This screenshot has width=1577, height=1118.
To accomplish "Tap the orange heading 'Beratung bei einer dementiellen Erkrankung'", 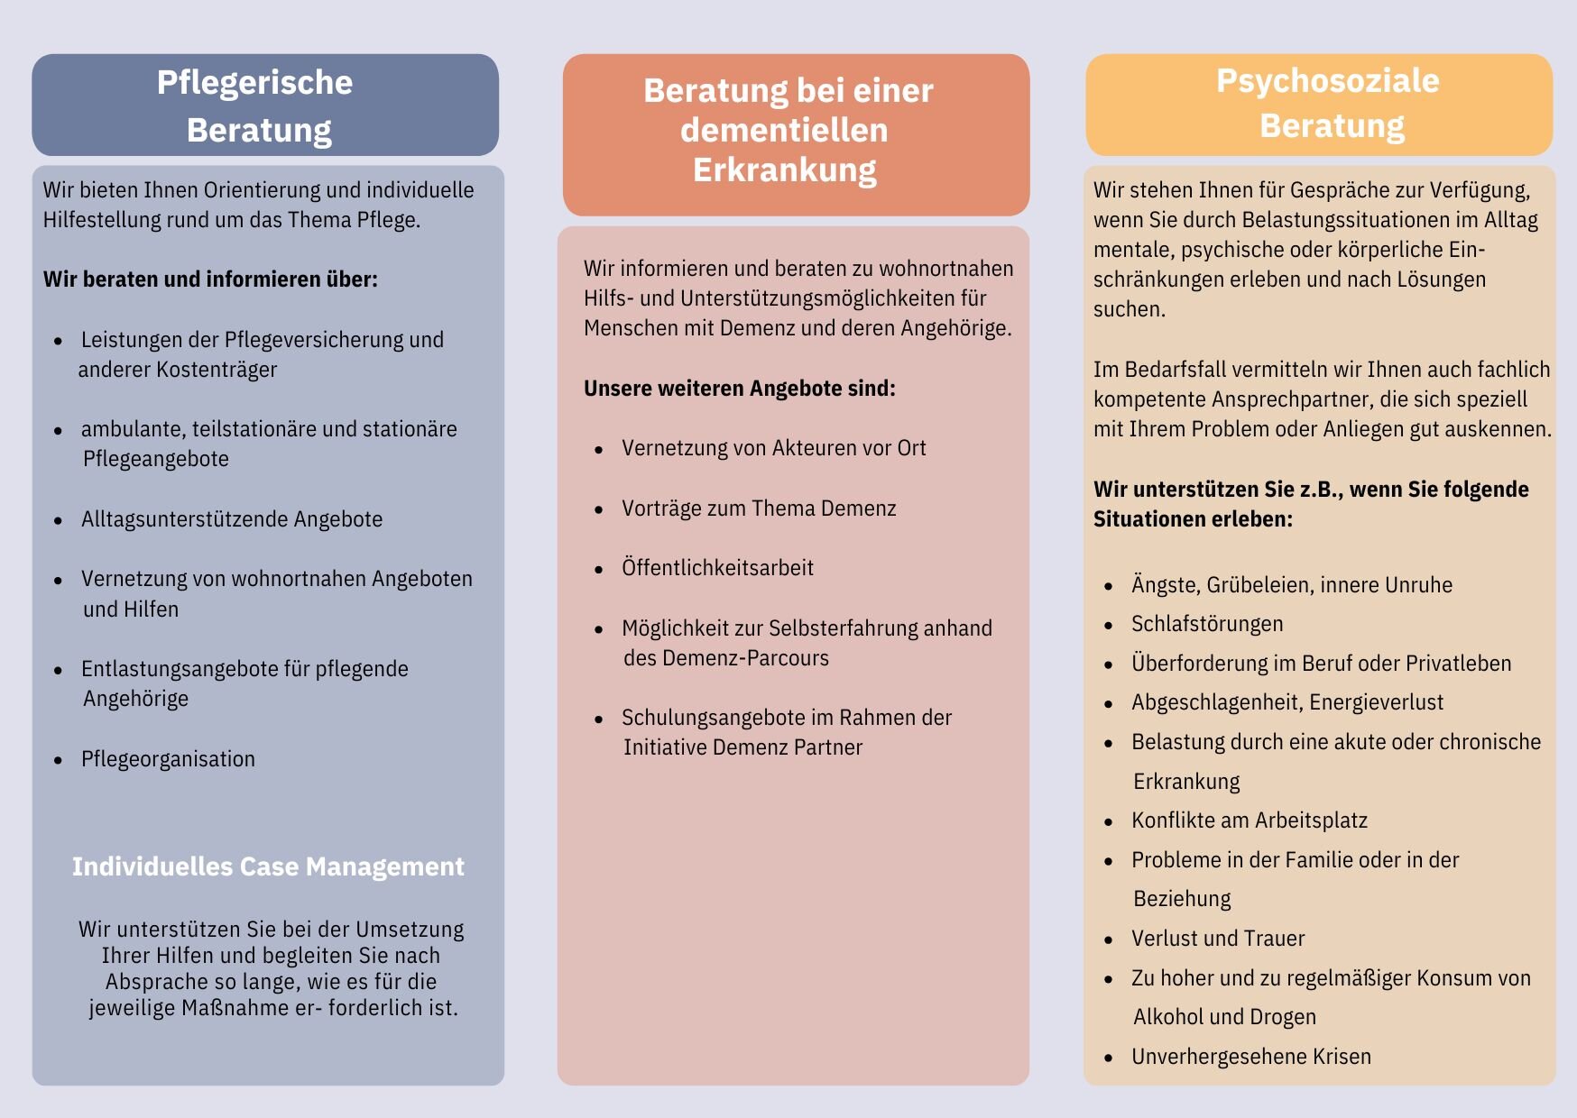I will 787,130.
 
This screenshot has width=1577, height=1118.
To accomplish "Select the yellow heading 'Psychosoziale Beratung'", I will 1328,103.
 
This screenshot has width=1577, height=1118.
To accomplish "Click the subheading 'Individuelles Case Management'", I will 268,866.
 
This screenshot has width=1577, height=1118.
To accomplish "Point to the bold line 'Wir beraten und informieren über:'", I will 210,279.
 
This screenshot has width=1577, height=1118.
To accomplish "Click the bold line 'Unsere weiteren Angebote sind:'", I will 739,389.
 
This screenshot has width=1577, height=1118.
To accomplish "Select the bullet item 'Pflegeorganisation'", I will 168,759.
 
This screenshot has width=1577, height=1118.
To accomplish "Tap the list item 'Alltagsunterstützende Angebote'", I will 231,519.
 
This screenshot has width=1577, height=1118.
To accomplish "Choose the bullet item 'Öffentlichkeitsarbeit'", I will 717,568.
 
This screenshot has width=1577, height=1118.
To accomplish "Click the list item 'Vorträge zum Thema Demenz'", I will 759,509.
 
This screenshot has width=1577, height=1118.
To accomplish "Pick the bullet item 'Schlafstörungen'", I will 1206,624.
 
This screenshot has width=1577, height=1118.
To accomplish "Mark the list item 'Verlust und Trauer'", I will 1217,939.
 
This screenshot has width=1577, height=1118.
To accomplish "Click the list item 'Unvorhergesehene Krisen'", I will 1250,1057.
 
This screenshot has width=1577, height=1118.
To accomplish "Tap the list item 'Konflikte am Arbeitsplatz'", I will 1249,820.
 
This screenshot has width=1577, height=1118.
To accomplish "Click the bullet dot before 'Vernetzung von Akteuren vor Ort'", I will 598,449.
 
